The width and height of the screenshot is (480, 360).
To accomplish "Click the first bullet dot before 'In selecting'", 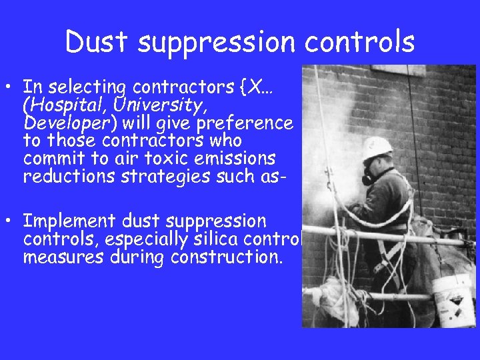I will point(13,87).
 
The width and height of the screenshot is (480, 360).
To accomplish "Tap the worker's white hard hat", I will point(377,148).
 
